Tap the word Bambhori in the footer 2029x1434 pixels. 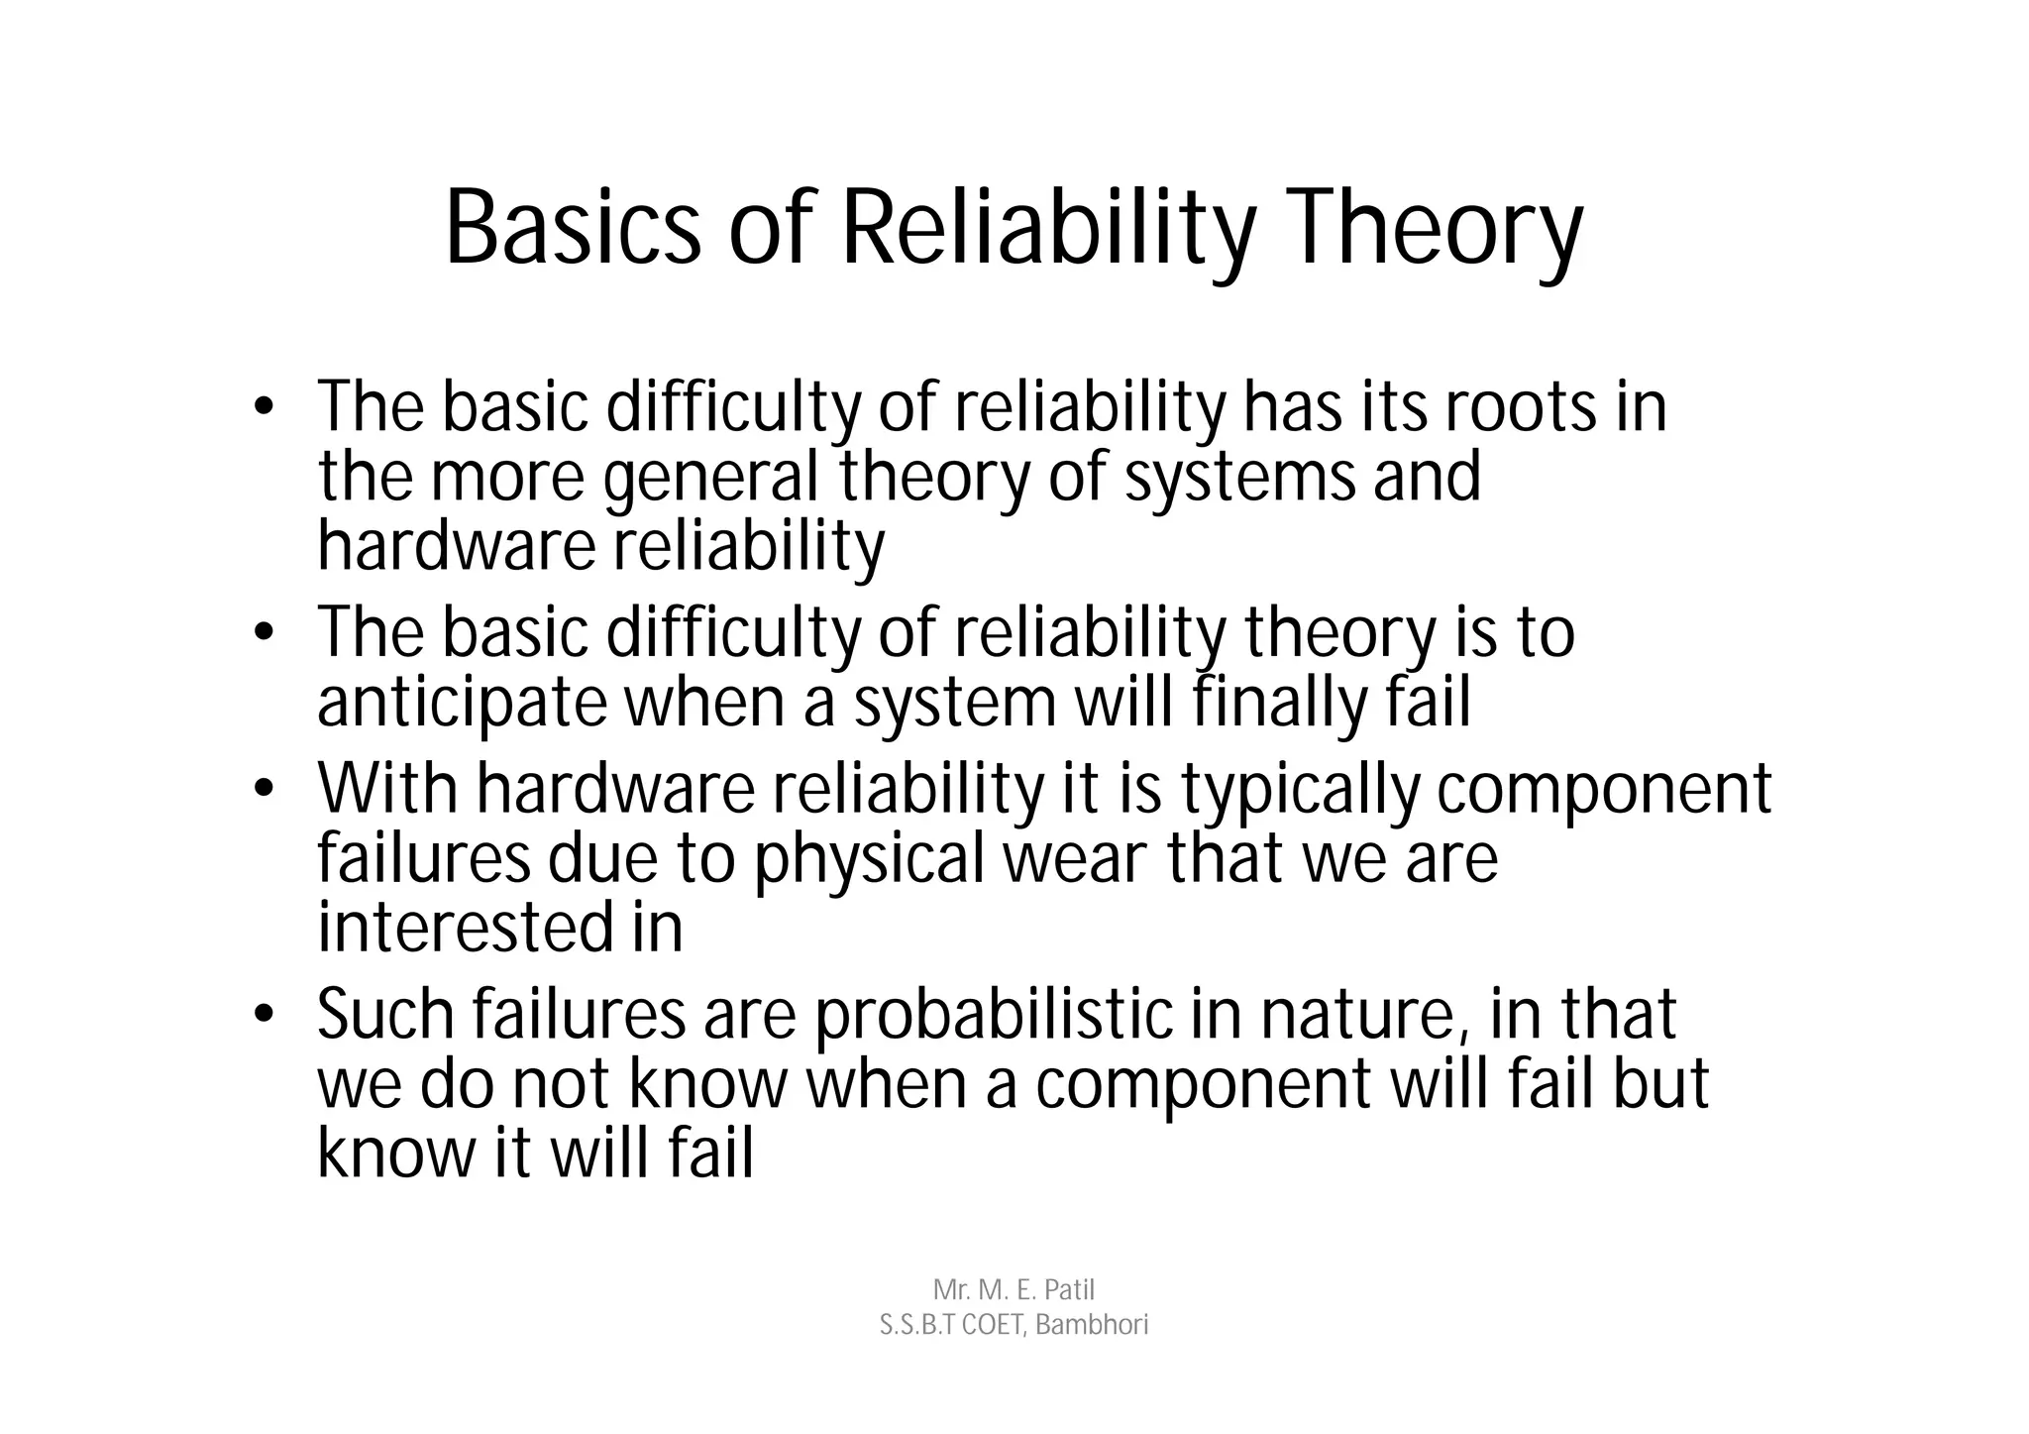(1092, 1325)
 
